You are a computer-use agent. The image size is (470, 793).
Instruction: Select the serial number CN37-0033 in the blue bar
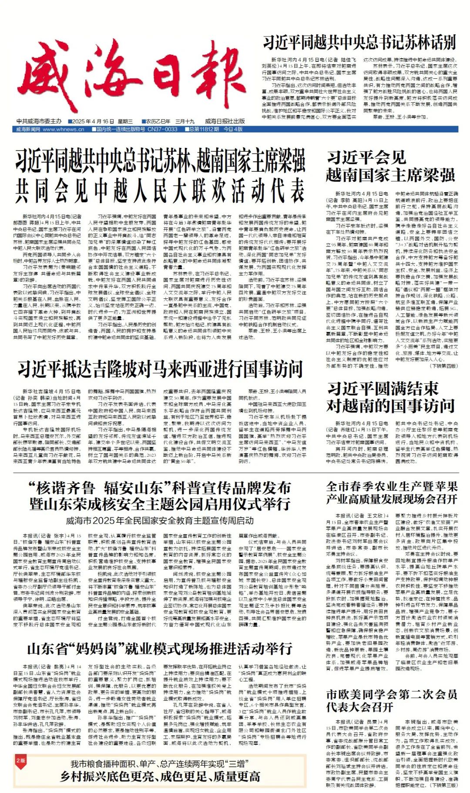[x=162, y=129]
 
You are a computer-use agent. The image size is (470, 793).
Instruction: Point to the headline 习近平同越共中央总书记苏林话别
[x=359, y=43]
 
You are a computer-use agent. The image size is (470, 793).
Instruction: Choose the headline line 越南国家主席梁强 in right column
[x=391, y=175]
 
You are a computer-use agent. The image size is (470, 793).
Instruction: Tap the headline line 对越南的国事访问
[x=391, y=406]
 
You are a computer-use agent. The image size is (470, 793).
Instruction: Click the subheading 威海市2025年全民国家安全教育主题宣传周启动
[x=160, y=520]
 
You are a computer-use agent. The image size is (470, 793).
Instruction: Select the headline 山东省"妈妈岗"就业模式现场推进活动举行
[x=160, y=649]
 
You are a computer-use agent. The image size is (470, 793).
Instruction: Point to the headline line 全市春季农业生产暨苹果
[x=392, y=486]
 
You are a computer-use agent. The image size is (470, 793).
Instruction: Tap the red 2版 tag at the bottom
[x=20, y=760]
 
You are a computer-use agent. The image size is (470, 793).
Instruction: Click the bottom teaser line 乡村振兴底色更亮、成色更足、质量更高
[x=160, y=777]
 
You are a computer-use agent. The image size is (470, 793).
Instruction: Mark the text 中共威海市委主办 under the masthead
[x=39, y=121]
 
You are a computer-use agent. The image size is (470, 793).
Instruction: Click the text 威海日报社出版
[x=225, y=121]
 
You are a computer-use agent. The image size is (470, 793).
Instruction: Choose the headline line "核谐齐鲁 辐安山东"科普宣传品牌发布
[x=160, y=488]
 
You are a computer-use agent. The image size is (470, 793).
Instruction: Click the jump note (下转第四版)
[x=443, y=366]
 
